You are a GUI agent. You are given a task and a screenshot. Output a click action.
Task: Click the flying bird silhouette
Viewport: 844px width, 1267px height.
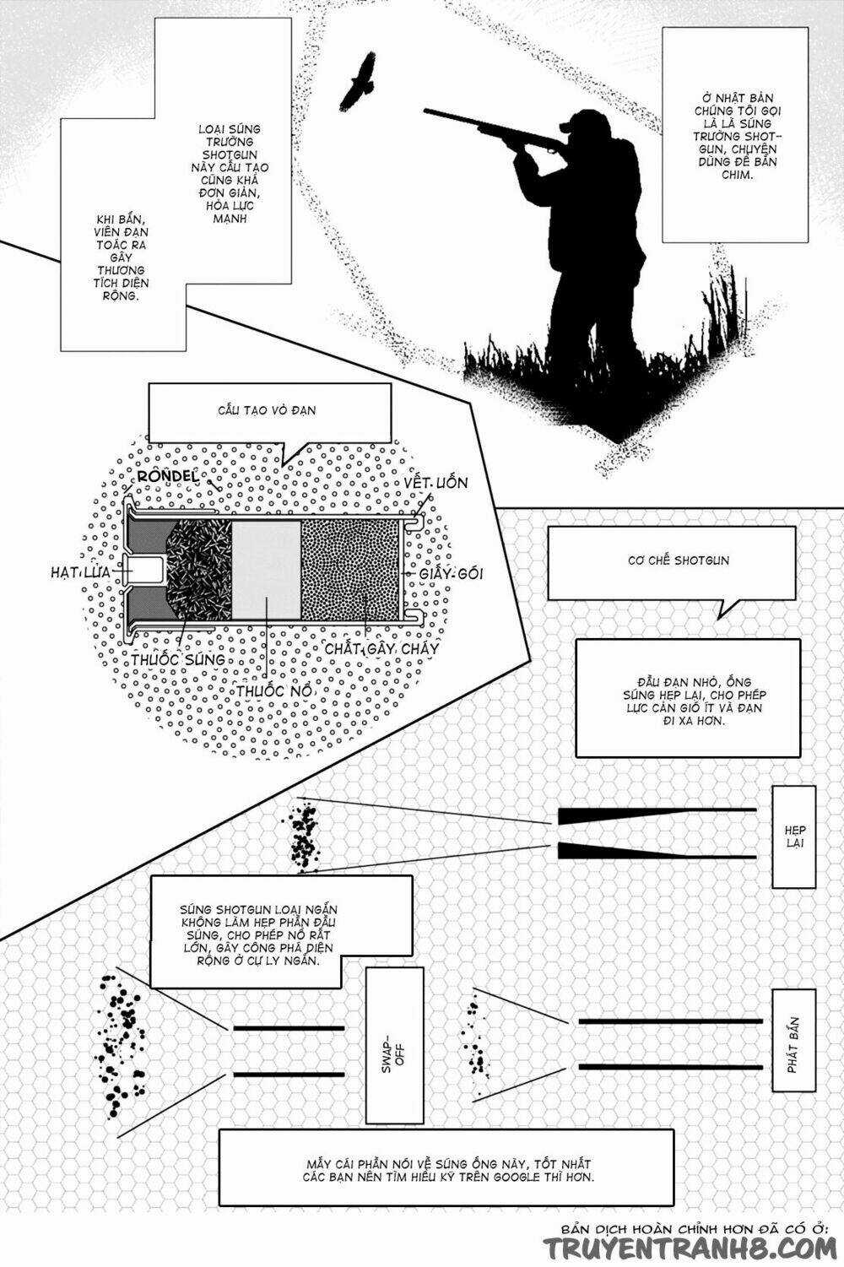(x=358, y=82)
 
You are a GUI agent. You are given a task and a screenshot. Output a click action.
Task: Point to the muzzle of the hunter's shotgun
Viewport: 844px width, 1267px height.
(x=427, y=111)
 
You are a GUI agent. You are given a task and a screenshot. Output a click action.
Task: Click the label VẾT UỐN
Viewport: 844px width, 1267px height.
(x=436, y=483)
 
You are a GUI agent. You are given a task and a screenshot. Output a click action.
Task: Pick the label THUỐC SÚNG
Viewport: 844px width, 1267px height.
(x=178, y=659)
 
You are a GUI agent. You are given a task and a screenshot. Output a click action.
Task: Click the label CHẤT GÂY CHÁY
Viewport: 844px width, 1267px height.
(x=382, y=648)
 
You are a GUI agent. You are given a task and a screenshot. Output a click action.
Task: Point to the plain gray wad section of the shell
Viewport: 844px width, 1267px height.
(x=266, y=570)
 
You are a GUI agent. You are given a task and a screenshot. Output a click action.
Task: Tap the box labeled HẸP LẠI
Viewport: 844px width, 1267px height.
(x=793, y=837)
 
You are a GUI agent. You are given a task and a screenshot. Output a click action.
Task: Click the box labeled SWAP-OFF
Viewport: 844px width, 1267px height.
(x=393, y=1045)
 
